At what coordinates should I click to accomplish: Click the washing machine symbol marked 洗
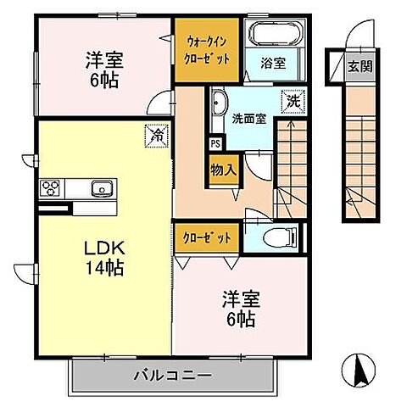click(x=293, y=99)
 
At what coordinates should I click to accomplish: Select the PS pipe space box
click(x=215, y=144)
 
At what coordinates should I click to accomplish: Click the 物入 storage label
click(x=224, y=169)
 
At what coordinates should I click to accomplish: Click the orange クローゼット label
click(x=207, y=238)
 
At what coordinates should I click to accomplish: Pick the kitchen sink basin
click(x=101, y=188)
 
